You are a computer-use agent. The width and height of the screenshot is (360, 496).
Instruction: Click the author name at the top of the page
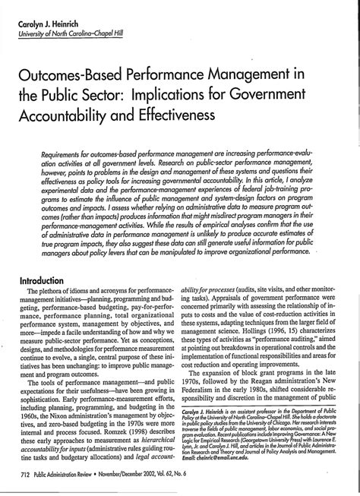tap(50, 24)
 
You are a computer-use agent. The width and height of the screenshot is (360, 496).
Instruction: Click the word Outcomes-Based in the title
tap(73, 78)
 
